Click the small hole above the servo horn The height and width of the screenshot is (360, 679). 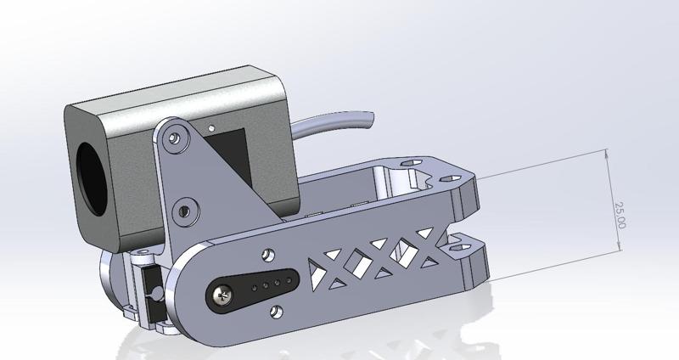pyautogui.click(x=269, y=254)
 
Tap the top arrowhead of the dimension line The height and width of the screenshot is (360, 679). pyautogui.click(x=608, y=154)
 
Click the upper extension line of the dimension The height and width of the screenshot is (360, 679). pyautogui.click(x=543, y=165)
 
